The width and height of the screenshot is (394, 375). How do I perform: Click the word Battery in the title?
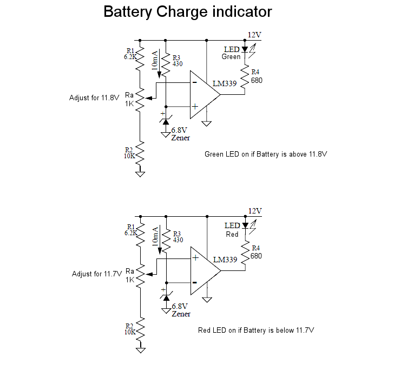click(x=128, y=12)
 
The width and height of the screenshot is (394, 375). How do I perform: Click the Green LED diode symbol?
click(x=245, y=50)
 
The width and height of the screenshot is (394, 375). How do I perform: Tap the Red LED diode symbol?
click(x=246, y=226)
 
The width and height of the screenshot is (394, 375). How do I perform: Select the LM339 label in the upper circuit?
click(x=225, y=83)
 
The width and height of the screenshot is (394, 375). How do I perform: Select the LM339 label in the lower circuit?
click(x=225, y=260)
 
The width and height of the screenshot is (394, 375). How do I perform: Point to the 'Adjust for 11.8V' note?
click(x=94, y=98)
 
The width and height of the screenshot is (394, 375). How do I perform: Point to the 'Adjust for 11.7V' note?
click(x=97, y=274)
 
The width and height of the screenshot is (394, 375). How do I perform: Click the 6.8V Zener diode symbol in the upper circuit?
click(x=166, y=121)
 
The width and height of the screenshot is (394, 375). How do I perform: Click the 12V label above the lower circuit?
click(x=255, y=211)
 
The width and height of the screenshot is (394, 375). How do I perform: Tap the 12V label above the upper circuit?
click(x=254, y=35)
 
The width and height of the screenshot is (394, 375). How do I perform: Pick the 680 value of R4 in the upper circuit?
click(x=257, y=80)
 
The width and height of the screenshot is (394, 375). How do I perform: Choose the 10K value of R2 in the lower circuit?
click(x=130, y=332)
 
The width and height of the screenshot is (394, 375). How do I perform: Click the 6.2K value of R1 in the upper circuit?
click(x=130, y=57)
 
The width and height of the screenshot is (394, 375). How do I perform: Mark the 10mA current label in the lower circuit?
click(x=155, y=237)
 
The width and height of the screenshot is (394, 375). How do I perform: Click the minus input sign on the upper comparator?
click(x=195, y=82)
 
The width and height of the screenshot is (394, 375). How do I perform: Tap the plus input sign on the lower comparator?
click(x=195, y=257)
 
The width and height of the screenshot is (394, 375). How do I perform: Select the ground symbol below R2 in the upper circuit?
click(x=140, y=174)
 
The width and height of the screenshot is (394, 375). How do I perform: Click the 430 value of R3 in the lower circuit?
click(x=178, y=240)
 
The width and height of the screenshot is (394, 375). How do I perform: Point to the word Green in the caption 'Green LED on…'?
click(x=214, y=154)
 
